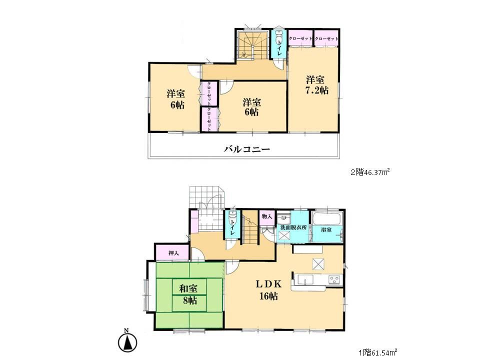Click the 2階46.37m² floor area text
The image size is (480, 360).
(x=369, y=172)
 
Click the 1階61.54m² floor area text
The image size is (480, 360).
(x=377, y=352)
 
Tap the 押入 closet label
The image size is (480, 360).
(x=171, y=253)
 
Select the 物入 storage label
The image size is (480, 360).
(x=266, y=216)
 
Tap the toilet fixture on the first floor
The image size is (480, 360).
(x=232, y=218)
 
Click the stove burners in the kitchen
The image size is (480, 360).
(x=333, y=279)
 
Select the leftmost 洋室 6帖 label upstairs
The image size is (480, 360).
(x=174, y=99)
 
